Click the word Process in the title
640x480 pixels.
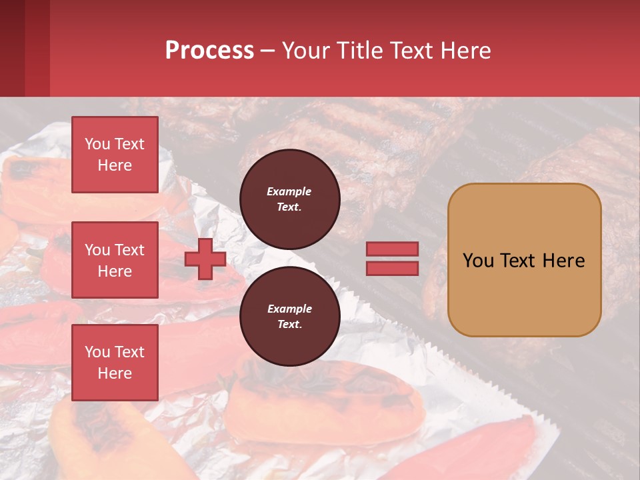[x=209, y=51]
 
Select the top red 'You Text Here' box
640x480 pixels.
[x=115, y=155]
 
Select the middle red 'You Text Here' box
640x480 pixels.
[x=115, y=260]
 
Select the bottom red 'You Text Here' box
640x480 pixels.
[x=115, y=363]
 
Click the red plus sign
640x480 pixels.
[x=205, y=259]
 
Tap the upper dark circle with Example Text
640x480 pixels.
[x=289, y=199]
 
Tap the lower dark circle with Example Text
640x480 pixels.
[x=289, y=317]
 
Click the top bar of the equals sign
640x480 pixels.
[x=392, y=249]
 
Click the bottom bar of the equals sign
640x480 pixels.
[x=392, y=269]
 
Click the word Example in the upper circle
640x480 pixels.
[x=289, y=191]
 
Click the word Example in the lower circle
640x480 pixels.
[x=289, y=309]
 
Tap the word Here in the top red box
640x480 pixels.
[x=115, y=165]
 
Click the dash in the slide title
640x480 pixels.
[x=267, y=51]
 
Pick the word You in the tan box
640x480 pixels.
[x=479, y=261]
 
